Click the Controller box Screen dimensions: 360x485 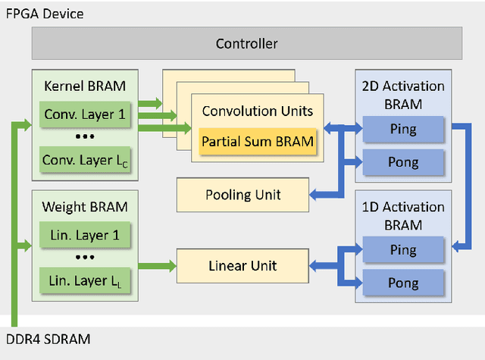point(246,44)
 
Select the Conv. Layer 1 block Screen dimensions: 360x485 point(85,115)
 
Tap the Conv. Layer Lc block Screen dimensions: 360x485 point(85,160)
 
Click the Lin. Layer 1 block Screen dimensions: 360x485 point(85,236)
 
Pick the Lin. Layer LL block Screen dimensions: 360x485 point(85,282)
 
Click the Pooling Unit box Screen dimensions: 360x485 point(242,195)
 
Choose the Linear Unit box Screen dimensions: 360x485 point(242,265)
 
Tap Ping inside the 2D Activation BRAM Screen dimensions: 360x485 point(402,129)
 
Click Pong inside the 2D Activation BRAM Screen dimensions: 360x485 point(402,162)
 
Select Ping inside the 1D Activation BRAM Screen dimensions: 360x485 point(402,249)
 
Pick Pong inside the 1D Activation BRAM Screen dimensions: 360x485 point(402,282)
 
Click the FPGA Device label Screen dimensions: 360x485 point(45,14)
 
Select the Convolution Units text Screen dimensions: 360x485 point(257,111)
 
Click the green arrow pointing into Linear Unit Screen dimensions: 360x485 point(156,265)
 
